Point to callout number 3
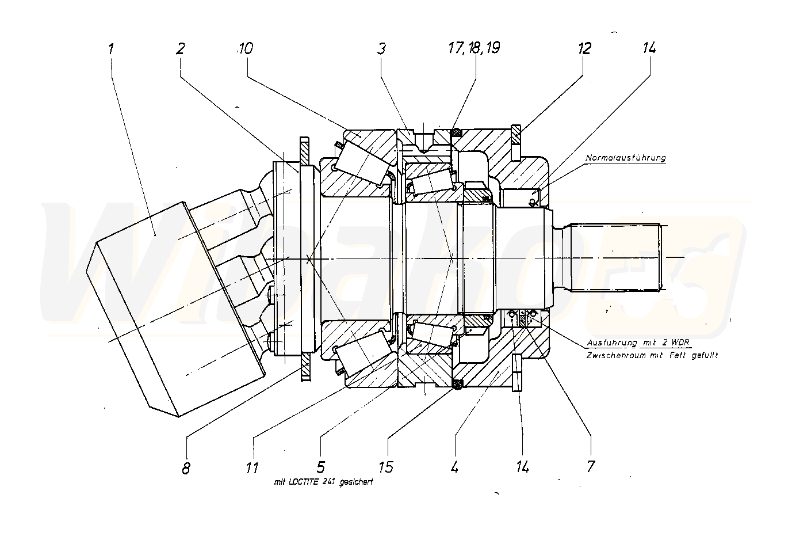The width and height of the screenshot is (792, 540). click(x=381, y=48)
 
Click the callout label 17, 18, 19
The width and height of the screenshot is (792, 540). click(x=473, y=48)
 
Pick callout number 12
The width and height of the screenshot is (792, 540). click(x=584, y=48)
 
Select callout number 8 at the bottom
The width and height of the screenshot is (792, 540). click(x=186, y=468)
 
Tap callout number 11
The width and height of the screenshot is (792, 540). click(x=252, y=467)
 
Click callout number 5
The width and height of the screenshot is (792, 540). click(x=320, y=466)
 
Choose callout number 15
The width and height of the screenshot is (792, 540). click(x=387, y=466)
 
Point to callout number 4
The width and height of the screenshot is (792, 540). click(x=454, y=466)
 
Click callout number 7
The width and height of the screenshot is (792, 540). click(x=591, y=466)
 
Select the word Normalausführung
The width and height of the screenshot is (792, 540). click(x=626, y=158)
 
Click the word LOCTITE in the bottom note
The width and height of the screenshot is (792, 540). click(x=313, y=482)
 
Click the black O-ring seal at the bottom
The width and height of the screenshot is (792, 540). click(x=458, y=384)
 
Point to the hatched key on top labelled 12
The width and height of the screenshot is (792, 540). click(x=515, y=136)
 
